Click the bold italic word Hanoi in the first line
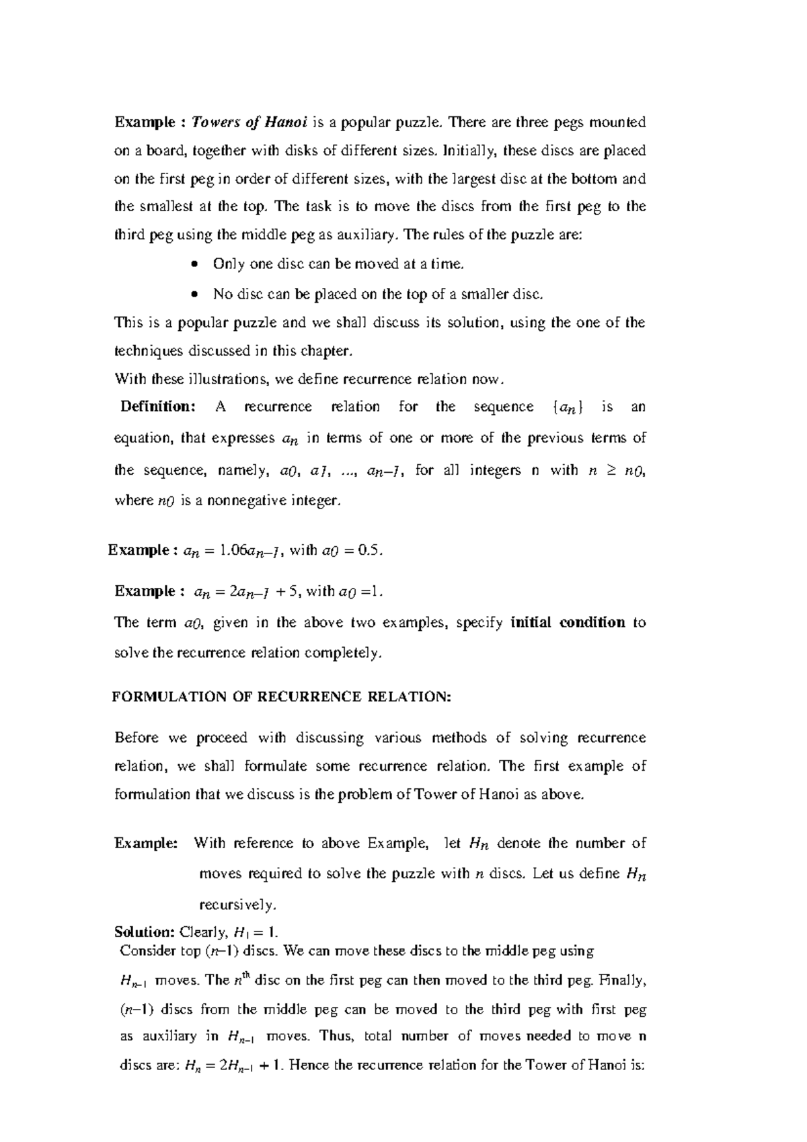click(x=285, y=122)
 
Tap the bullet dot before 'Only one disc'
click(x=194, y=264)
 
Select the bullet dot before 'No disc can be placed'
click(x=194, y=295)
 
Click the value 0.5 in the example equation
click(x=370, y=551)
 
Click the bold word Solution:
click(x=144, y=932)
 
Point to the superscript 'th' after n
click(x=246, y=975)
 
